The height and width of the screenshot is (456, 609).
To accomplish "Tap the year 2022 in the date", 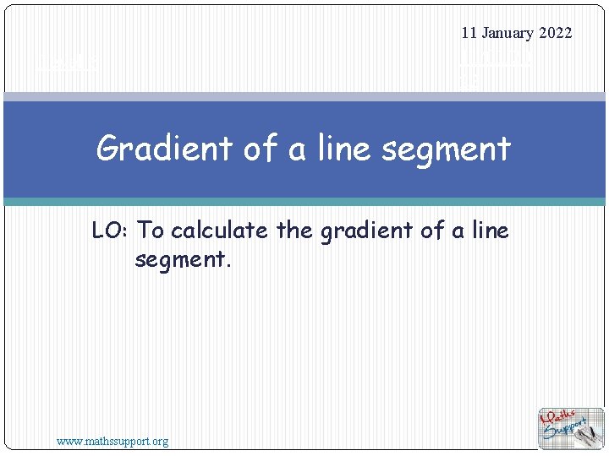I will pos(555,33).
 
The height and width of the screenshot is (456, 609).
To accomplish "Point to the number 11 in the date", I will pos(470,33).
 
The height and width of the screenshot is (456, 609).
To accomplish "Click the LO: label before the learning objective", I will pos(111,230).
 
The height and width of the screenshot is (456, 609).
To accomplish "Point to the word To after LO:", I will pos(151,230).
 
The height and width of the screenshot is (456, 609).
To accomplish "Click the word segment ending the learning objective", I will pos(180,258).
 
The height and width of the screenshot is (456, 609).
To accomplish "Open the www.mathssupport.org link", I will pos(112,441).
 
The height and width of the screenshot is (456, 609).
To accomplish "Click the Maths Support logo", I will pos(571,428).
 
